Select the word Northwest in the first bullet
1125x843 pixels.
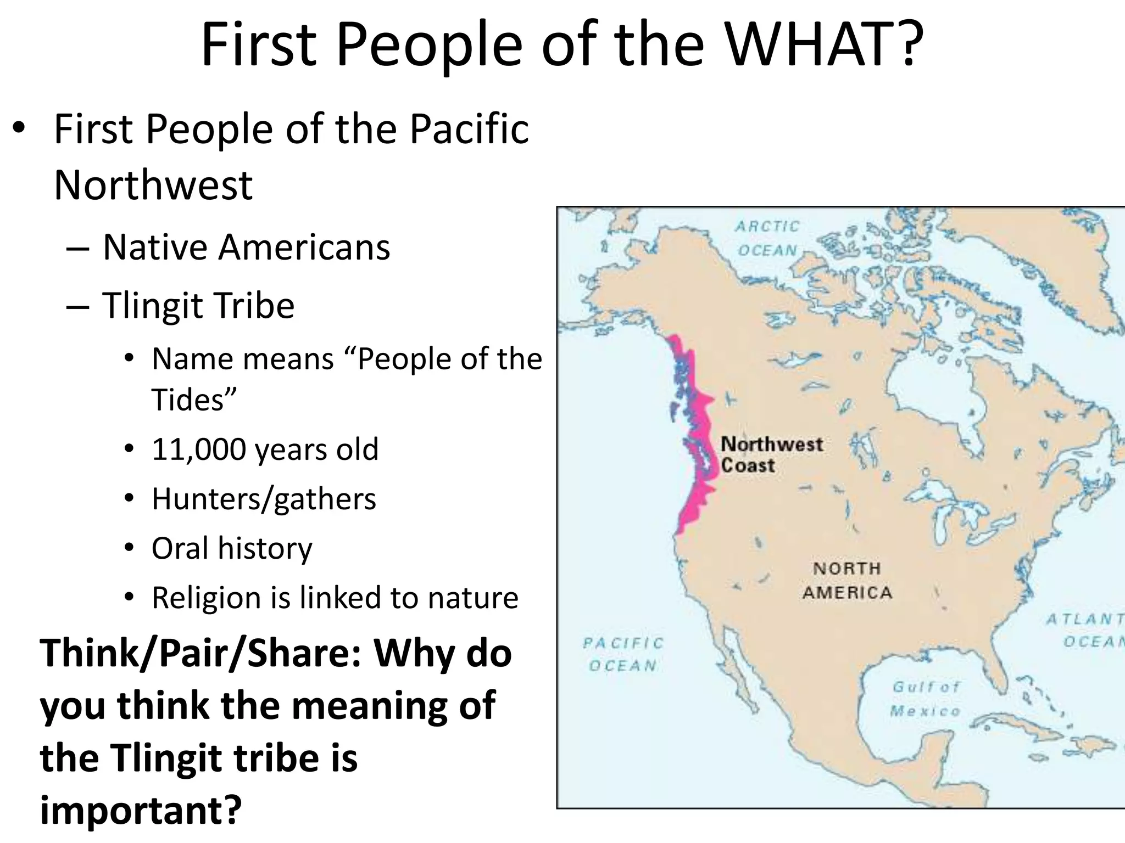click(153, 186)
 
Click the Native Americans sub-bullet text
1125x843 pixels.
click(246, 247)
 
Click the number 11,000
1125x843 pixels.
click(198, 449)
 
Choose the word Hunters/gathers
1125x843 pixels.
click(264, 499)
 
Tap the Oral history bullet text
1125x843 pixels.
click(232, 548)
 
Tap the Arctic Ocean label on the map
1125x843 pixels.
click(767, 238)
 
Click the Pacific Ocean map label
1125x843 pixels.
click(623, 654)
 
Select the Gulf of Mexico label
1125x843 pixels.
click(926, 699)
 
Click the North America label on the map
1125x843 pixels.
click(846, 581)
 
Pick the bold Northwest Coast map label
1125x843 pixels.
click(771, 455)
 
